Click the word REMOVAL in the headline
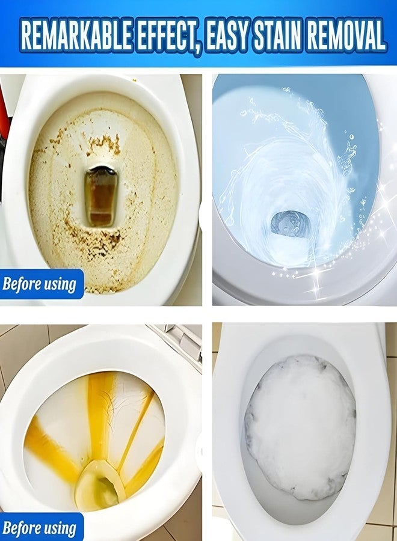tap(346, 35)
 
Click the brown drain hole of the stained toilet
tap(100, 195)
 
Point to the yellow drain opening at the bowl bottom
tap(100, 486)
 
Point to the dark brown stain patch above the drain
tap(105, 144)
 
